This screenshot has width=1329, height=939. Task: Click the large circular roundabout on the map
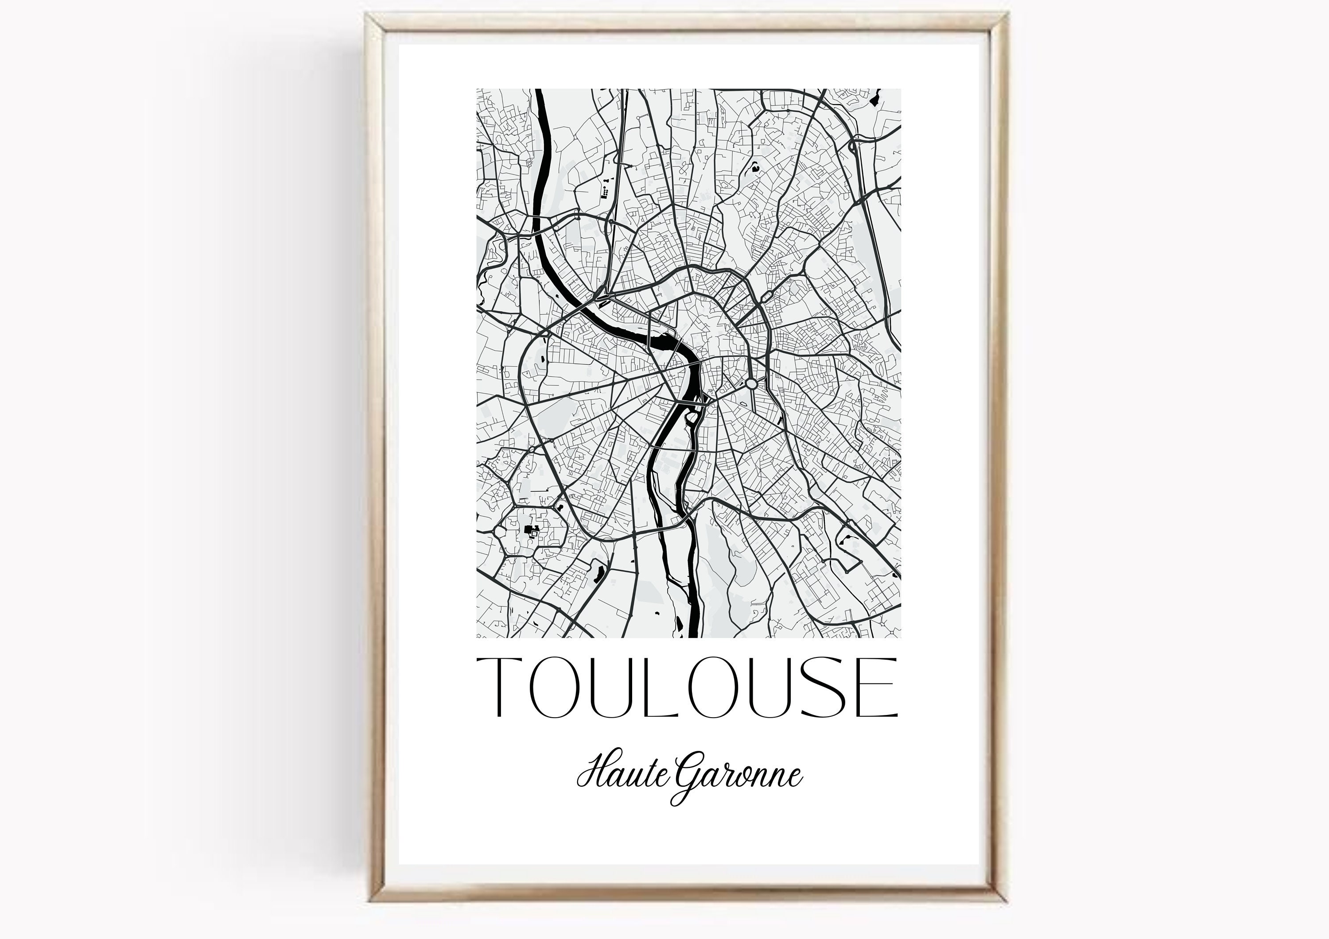(x=751, y=383)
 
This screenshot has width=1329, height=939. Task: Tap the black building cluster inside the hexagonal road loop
(x=529, y=530)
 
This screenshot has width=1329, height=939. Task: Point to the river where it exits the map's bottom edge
(x=693, y=635)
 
